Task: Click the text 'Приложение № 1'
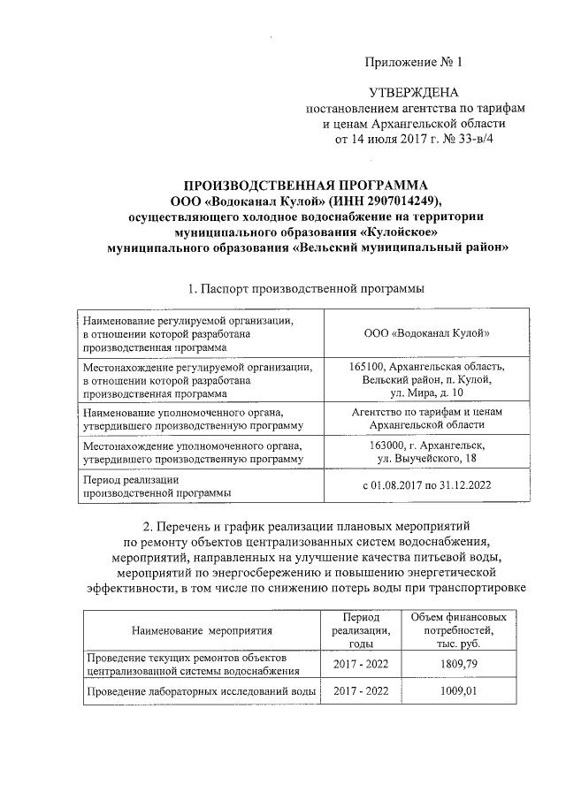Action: pyautogui.click(x=416, y=62)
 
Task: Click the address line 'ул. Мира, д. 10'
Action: pyautogui.click(x=426, y=392)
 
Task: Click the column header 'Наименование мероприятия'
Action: pyautogui.click(x=201, y=630)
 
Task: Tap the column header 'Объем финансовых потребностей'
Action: pyautogui.click(x=459, y=630)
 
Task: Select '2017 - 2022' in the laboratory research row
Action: pyautogui.click(x=360, y=690)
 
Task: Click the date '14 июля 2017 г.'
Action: pyautogui.click(x=386, y=140)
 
